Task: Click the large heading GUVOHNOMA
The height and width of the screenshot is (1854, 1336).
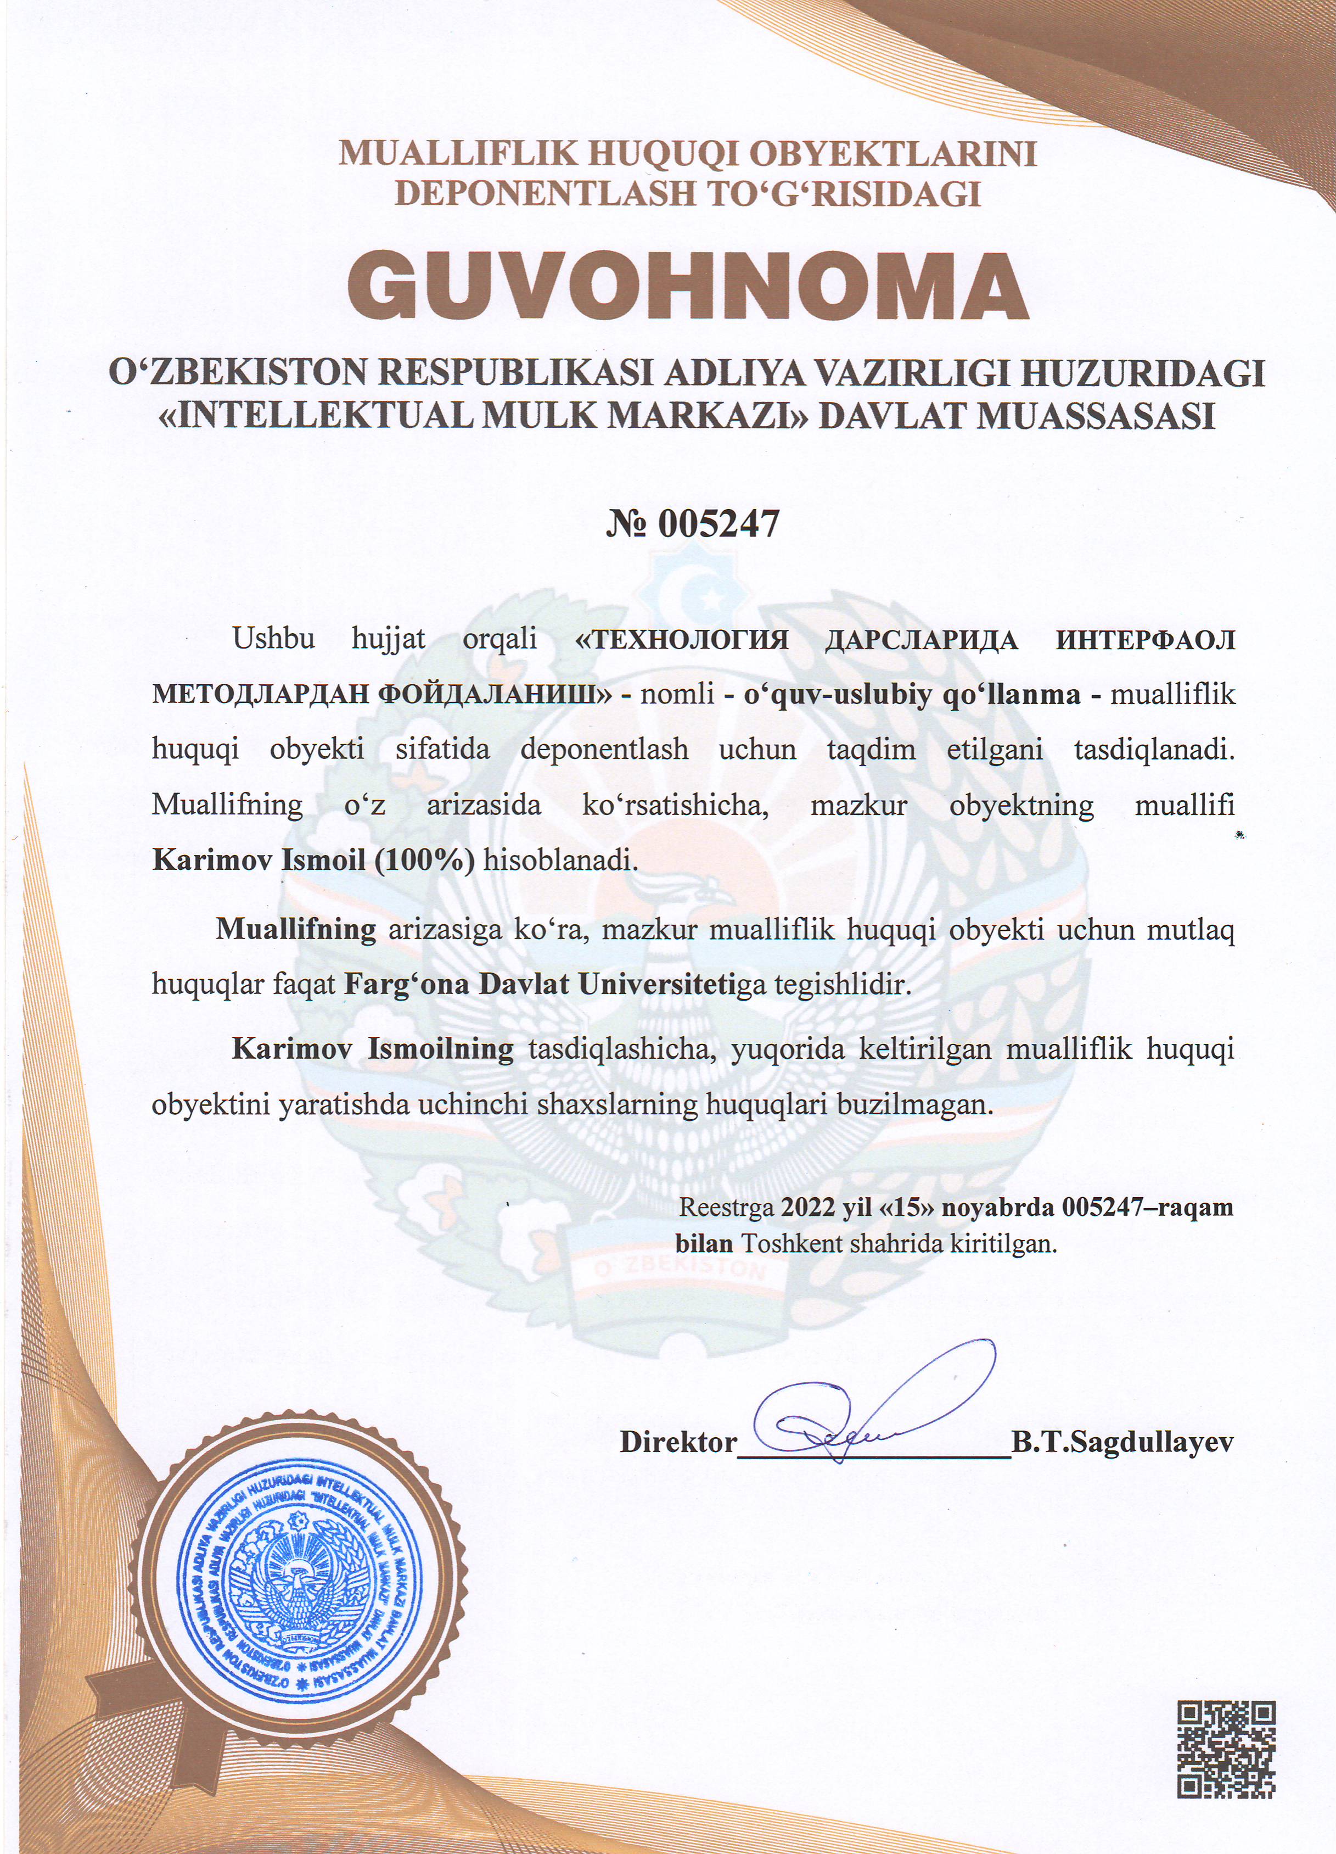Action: click(687, 286)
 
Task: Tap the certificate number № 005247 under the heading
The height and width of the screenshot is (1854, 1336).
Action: click(693, 524)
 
